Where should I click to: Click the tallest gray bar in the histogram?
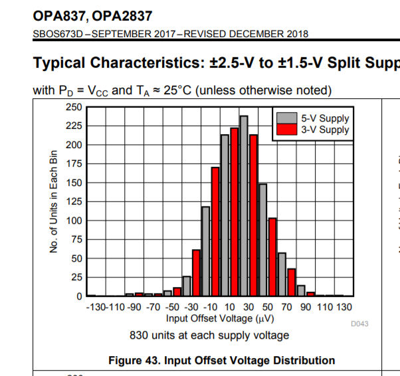coord(244,206)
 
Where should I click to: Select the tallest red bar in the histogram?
coord(234,211)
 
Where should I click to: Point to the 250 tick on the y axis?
coord(74,107)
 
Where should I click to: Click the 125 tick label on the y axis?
coord(74,201)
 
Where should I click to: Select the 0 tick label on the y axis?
coord(79,296)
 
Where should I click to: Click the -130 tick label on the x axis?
coord(96,308)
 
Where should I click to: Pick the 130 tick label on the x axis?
coord(344,308)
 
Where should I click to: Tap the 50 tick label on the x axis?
coord(268,308)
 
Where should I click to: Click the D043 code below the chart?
coord(359,324)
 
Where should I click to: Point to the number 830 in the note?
coord(140,335)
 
